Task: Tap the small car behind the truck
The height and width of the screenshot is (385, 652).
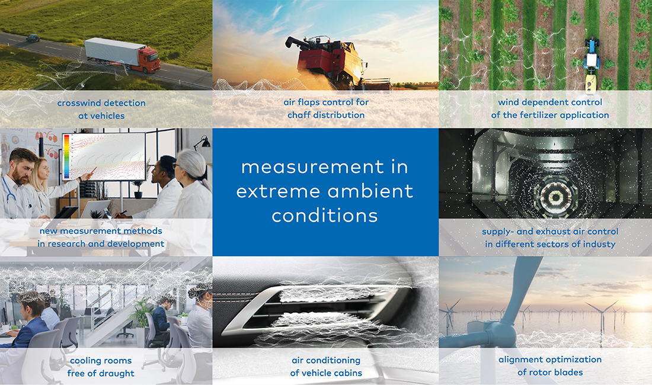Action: [x=33, y=38]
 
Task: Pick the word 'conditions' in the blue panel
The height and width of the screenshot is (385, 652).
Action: [x=325, y=216]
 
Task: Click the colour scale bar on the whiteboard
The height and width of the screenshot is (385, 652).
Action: [x=66, y=155]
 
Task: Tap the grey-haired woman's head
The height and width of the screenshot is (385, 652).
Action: [x=193, y=165]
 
